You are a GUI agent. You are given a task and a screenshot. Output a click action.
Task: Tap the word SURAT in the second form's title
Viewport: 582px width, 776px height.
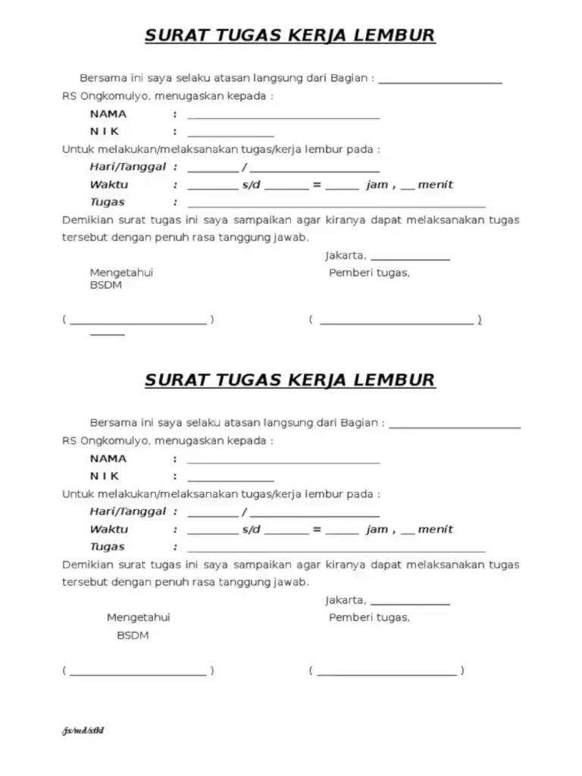174,380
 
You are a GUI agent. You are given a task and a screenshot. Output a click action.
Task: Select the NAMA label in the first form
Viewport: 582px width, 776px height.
108,114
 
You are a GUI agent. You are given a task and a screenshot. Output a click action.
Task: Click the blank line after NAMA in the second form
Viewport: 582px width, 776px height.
283,462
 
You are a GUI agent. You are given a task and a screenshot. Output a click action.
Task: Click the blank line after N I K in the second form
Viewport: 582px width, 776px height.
230,480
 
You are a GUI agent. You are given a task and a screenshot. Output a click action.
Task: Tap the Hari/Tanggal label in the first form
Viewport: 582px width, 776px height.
127,167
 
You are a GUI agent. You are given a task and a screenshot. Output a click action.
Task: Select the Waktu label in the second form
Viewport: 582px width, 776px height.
109,529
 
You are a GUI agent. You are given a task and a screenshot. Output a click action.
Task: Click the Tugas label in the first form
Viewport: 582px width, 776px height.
107,202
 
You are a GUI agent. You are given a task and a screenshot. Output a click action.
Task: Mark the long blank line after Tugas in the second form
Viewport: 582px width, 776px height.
336,551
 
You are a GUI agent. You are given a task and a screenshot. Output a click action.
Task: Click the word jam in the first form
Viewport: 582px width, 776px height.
377,185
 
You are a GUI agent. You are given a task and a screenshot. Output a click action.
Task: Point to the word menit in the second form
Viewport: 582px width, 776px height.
435,529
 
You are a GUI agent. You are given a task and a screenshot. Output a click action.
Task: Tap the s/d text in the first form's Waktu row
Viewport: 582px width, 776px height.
251,185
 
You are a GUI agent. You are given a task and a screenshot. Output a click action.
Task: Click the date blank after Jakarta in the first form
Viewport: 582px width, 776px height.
410,259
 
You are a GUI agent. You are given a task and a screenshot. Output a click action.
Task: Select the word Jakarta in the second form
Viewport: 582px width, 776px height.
346,600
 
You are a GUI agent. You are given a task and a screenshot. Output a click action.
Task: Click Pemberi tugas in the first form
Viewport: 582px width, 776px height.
369,273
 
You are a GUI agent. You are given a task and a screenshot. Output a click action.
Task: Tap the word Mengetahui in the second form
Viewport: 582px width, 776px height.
138,618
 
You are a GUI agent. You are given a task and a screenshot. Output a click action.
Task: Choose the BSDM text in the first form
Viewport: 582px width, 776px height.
105,286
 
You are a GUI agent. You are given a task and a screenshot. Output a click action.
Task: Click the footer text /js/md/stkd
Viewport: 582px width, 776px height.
83,731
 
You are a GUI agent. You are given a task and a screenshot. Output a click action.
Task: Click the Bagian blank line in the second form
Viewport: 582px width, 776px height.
454,427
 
